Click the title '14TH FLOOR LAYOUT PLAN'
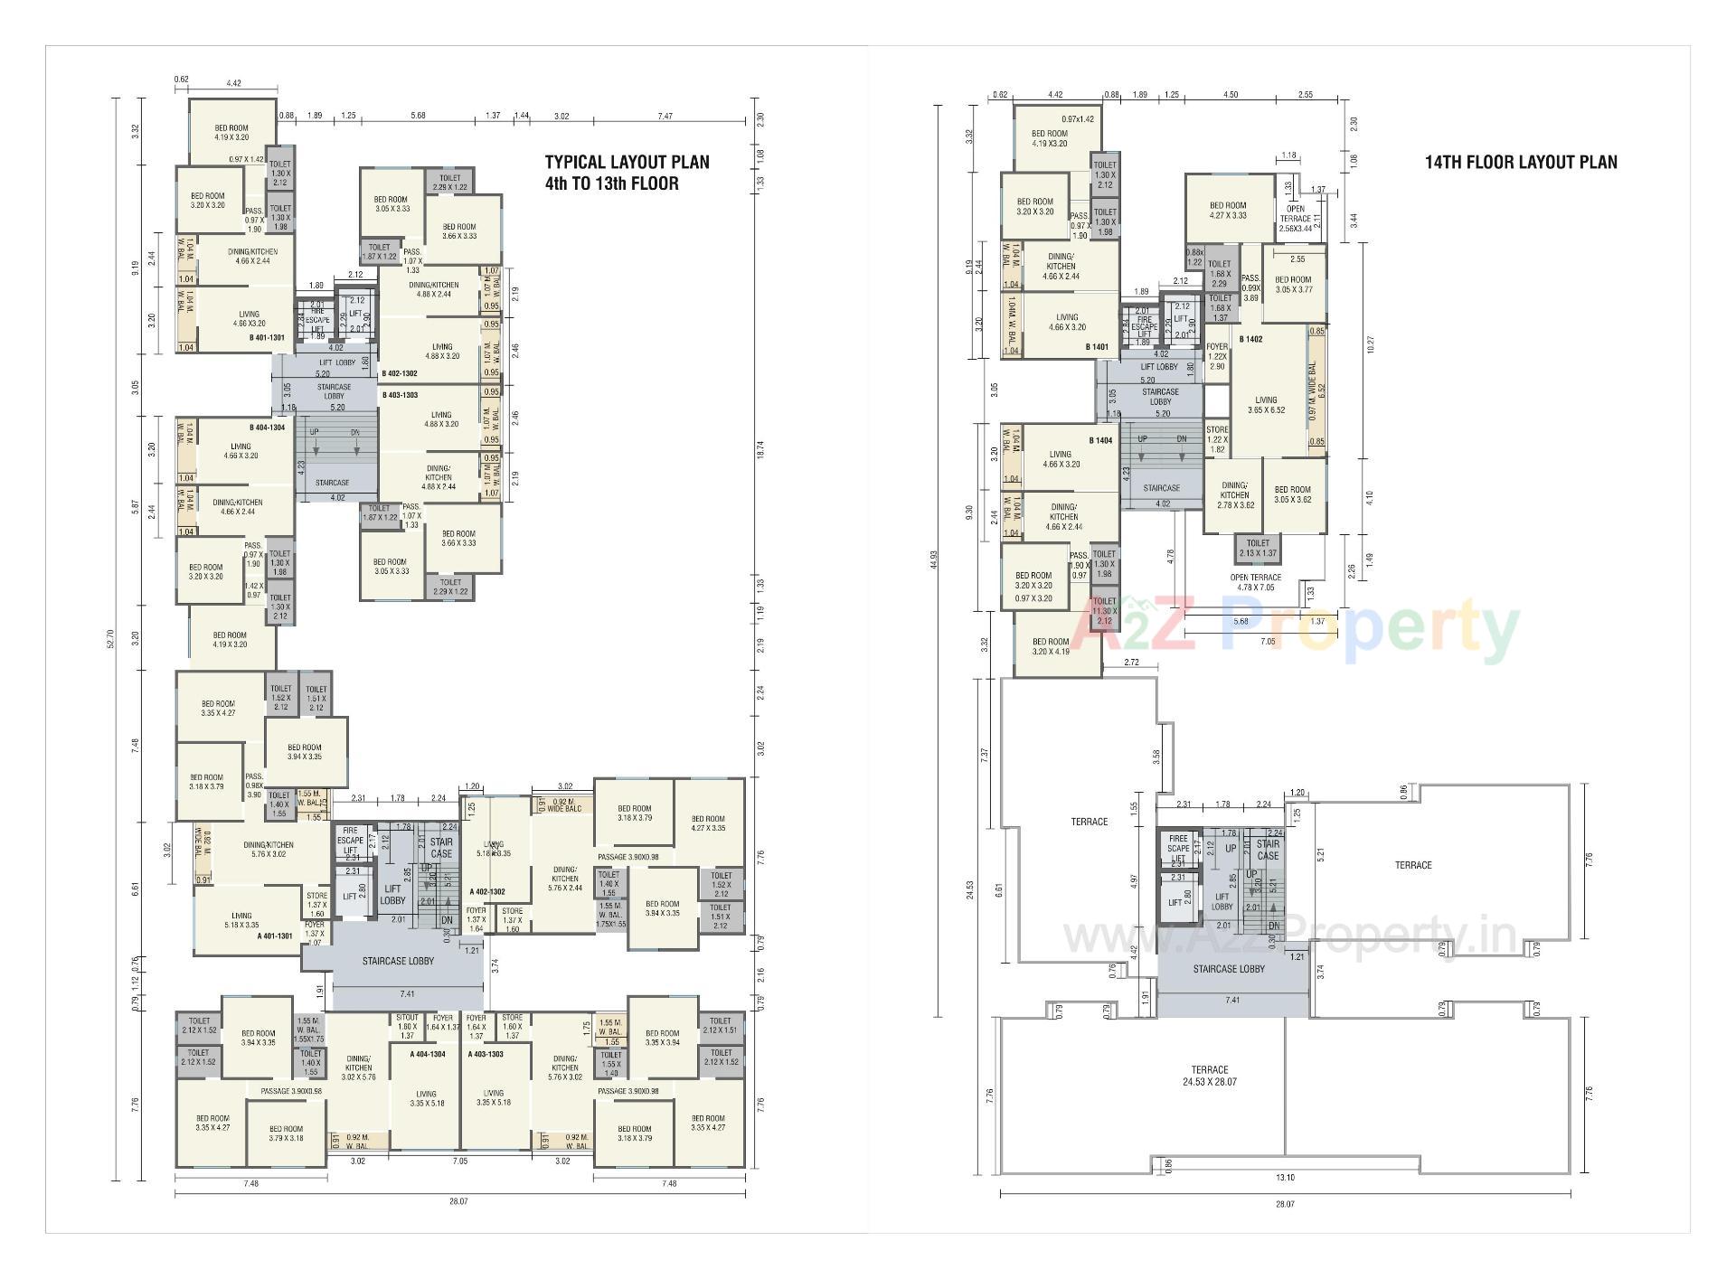tap(1521, 163)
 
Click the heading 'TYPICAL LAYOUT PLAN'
tap(627, 163)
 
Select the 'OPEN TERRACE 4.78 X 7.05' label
tap(1255, 582)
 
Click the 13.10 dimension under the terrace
tap(1285, 1177)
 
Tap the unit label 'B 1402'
tap(1250, 339)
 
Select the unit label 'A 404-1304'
tap(427, 1054)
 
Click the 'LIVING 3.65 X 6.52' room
tap(1266, 404)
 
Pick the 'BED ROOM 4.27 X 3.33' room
tap(1228, 210)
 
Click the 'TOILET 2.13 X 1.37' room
tap(1258, 548)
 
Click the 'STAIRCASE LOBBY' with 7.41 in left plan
tap(398, 961)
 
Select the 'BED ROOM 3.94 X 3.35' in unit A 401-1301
tap(305, 752)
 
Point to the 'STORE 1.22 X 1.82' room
tap(1217, 439)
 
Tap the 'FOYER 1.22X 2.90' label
tap(1217, 356)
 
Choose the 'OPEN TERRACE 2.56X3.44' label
tap(1295, 218)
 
